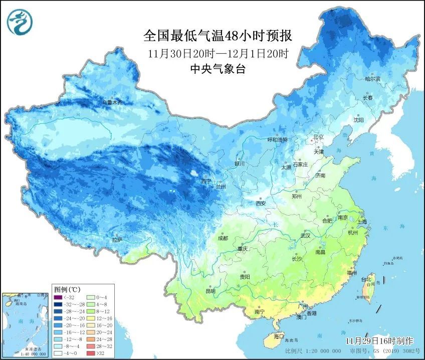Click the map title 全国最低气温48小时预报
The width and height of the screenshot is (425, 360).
click(x=218, y=36)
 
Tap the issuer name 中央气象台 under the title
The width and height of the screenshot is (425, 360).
click(x=218, y=70)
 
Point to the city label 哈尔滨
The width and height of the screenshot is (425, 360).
click(x=372, y=79)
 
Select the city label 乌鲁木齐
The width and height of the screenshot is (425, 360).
click(x=113, y=102)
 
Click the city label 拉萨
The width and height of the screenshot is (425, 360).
click(x=117, y=241)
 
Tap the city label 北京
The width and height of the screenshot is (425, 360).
click(x=319, y=137)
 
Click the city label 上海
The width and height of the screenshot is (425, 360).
click(x=362, y=221)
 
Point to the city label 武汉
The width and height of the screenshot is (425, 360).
click(x=305, y=235)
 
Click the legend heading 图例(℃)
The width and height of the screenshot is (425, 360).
click(x=67, y=289)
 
